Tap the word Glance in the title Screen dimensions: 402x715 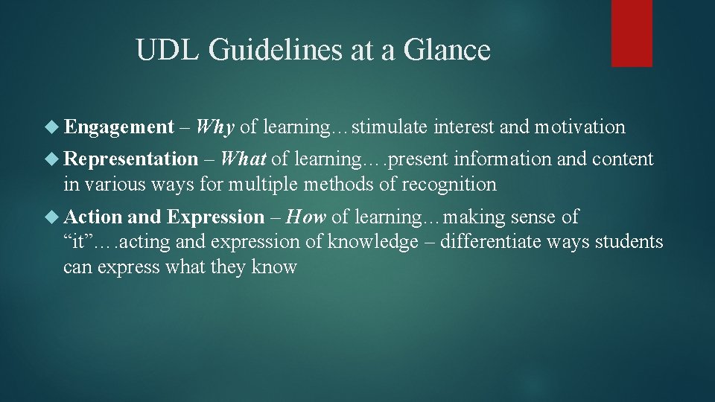click(448, 51)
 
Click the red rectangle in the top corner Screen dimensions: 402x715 click(632, 33)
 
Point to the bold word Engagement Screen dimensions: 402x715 click(119, 127)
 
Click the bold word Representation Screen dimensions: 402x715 click(131, 159)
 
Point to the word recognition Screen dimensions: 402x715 click(449, 183)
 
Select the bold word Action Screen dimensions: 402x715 click(93, 217)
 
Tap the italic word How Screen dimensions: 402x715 click(306, 217)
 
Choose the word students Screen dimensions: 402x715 click(627, 242)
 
